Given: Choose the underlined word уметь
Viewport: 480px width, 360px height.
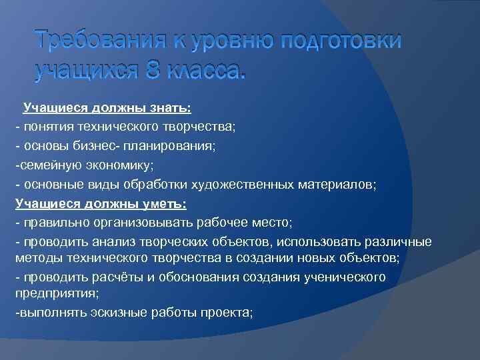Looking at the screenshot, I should (164, 203).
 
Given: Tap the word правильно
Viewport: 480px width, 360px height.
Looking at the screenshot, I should (51, 222).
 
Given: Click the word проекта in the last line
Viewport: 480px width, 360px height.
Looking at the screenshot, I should (229, 311).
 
